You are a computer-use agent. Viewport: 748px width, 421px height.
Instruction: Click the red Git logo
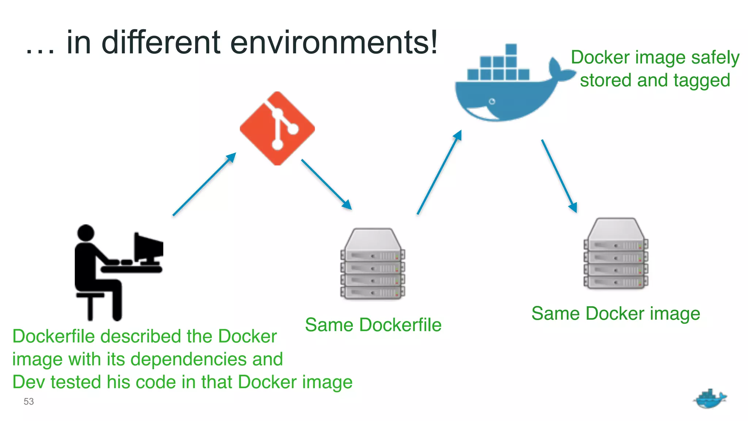(x=277, y=128)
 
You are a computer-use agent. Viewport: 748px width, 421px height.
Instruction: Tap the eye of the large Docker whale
(x=492, y=101)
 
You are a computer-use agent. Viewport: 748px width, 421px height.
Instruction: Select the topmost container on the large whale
(x=511, y=49)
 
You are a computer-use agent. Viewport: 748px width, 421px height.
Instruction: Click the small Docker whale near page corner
(x=709, y=399)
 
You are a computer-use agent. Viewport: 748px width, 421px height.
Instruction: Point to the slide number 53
(x=28, y=401)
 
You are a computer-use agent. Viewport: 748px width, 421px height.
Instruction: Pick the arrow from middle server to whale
(x=439, y=172)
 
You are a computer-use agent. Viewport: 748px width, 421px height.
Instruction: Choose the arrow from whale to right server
(x=559, y=176)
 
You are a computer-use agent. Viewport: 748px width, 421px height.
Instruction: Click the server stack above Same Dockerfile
(x=373, y=264)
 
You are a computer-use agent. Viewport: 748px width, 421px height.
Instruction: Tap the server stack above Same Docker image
(x=616, y=254)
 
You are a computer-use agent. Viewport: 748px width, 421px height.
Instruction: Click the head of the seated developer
(x=86, y=233)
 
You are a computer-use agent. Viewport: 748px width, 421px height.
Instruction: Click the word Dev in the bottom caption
(x=28, y=382)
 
